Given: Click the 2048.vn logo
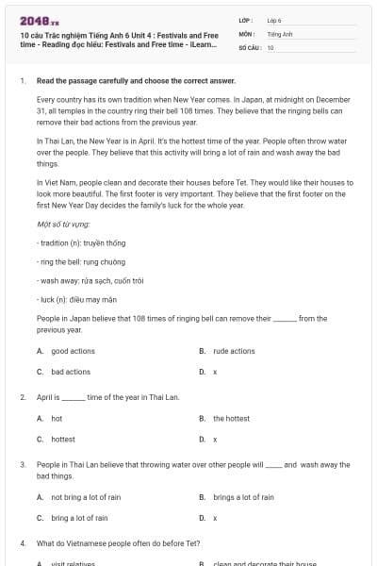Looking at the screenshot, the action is coord(33,21).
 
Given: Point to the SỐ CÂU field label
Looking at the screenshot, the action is coord(249,46).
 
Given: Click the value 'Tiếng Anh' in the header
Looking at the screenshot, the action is coord(280,33).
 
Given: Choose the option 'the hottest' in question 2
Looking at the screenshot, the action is coord(231,418).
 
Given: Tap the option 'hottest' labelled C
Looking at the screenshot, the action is coord(63,439).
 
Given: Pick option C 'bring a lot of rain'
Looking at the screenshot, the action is coord(79,518).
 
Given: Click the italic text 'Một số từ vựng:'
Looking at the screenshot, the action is coord(63,225).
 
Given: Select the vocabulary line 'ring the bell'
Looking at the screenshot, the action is coord(78,262).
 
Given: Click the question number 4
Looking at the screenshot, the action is coord(22,544).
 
